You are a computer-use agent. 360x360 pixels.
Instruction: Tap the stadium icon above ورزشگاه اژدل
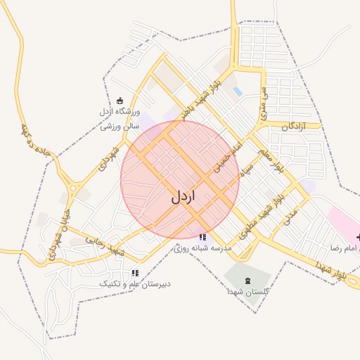120,101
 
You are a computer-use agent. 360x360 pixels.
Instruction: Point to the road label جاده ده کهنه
35,141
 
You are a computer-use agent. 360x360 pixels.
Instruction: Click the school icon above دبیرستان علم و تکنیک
135,273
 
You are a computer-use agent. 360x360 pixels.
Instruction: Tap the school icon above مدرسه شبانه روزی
202,238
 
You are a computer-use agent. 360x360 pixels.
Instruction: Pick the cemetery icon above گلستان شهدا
246,281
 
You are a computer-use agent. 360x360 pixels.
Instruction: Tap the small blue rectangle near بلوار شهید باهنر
238,91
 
